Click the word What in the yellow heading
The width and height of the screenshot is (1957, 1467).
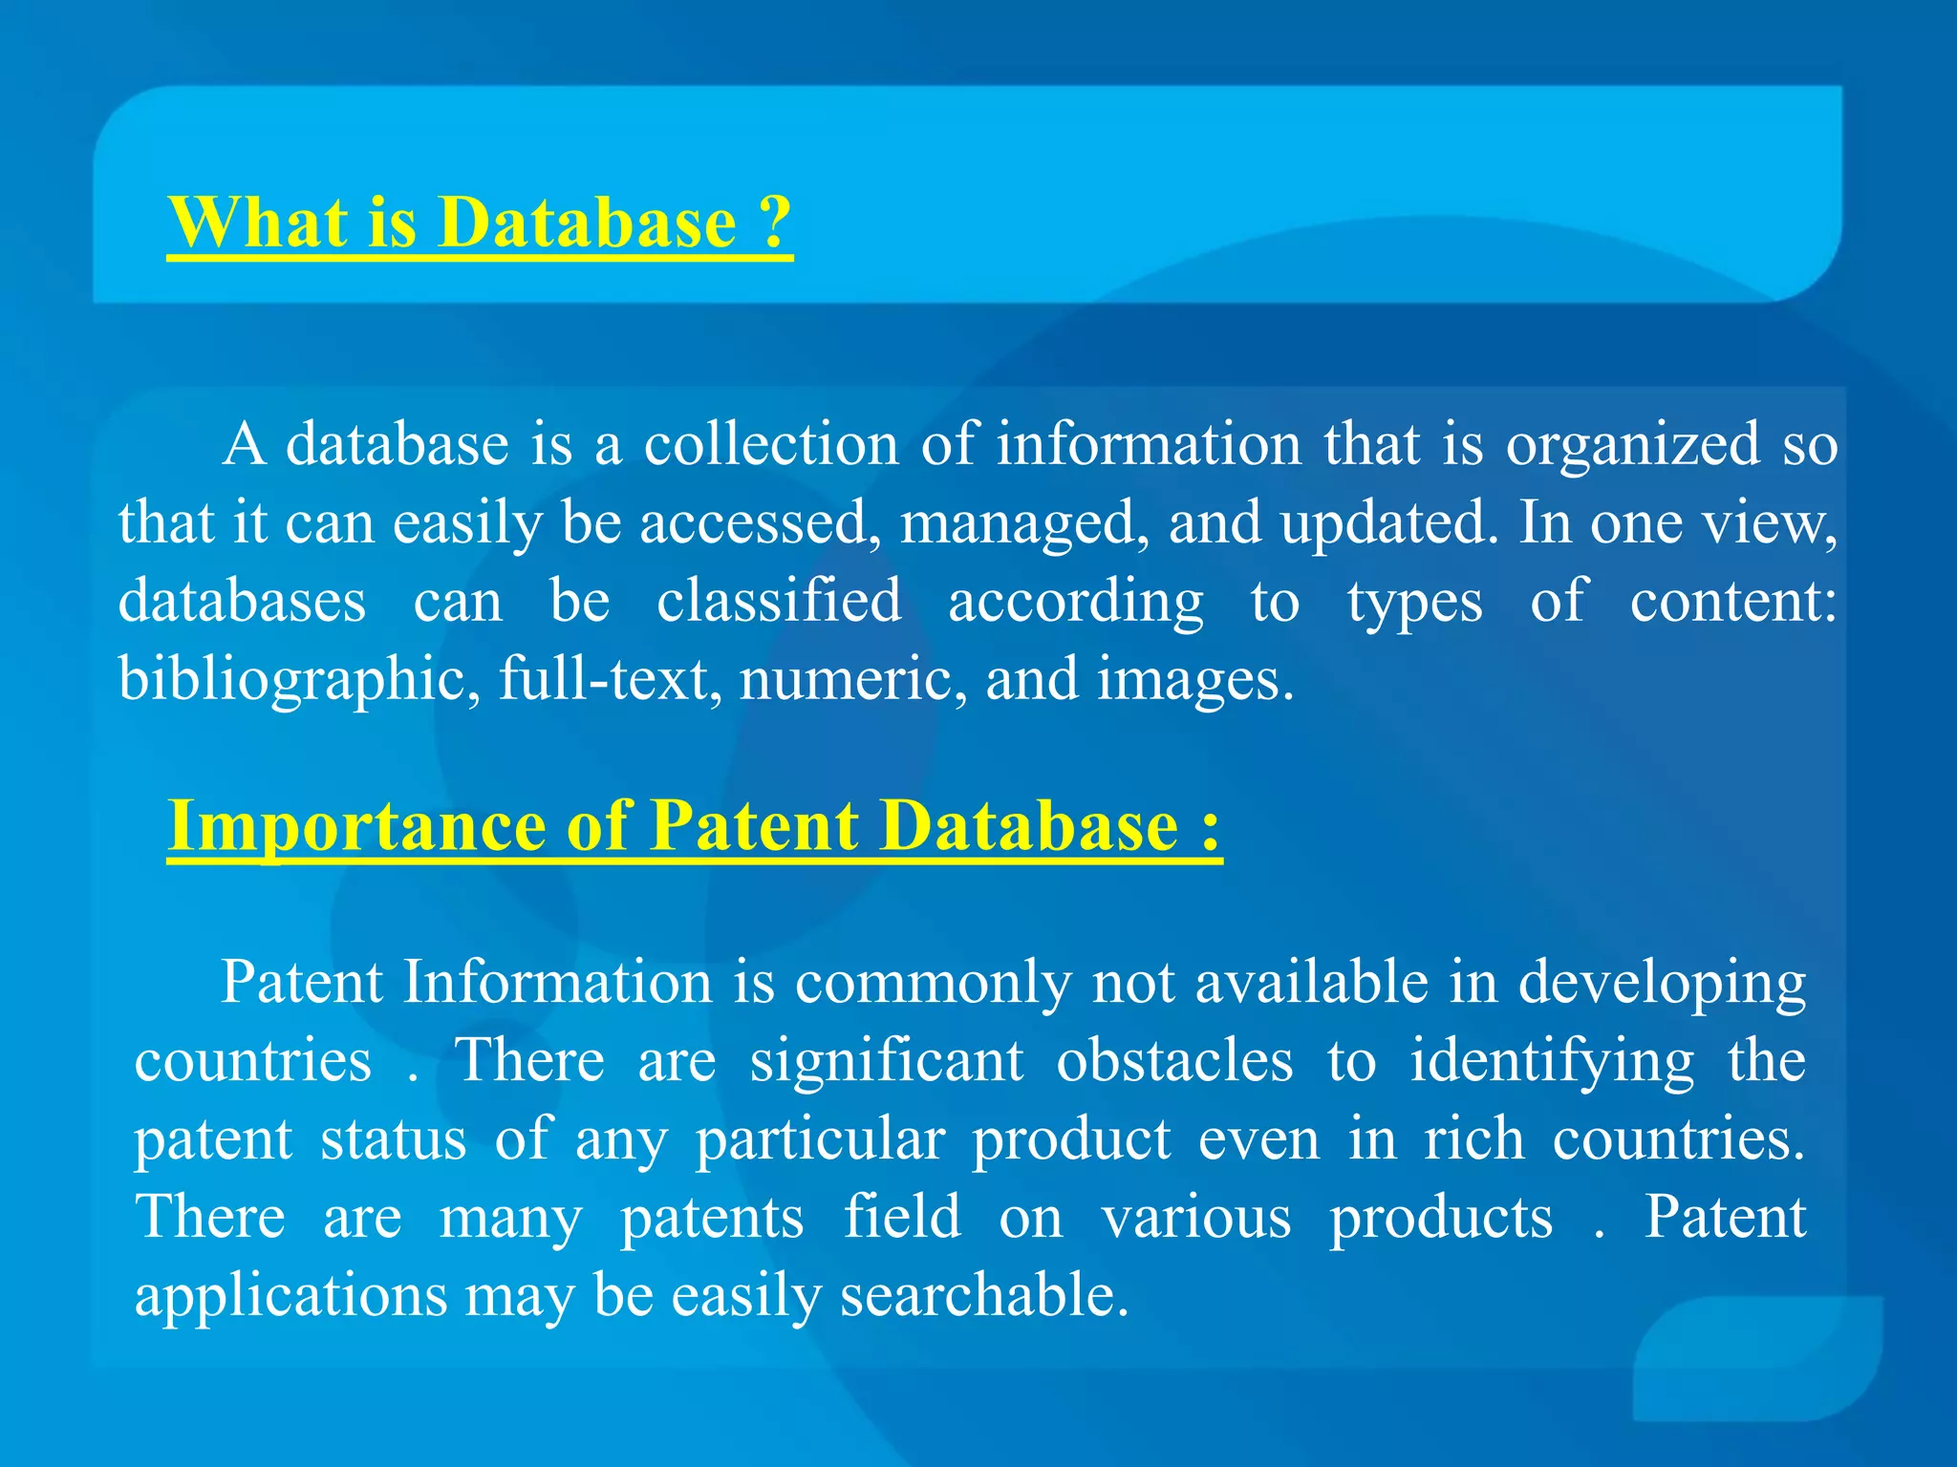pos(257,222)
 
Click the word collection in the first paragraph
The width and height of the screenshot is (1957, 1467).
pos(770,444)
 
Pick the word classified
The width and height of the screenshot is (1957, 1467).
pos(779,601)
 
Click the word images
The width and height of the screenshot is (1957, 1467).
pos(1194,680)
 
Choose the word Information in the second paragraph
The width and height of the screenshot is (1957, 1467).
pos(557,982)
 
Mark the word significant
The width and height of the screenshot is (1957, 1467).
pos(887,1061)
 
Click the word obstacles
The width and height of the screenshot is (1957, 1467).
pos(1174,1061)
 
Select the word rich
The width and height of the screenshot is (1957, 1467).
pos(1473,1139)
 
